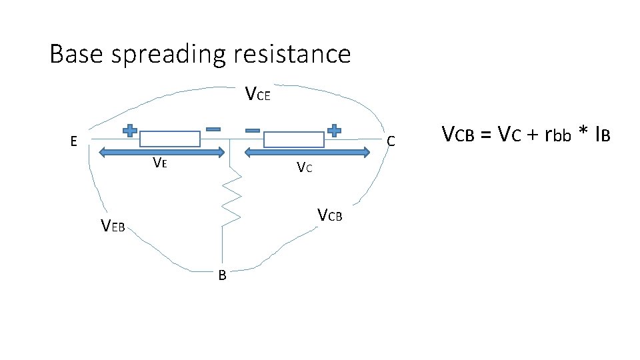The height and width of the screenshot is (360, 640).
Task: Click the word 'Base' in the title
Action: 77,53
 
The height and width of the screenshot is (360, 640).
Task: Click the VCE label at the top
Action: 257,95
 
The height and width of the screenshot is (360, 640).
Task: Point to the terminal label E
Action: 75,141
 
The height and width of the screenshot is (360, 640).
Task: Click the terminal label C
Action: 391,141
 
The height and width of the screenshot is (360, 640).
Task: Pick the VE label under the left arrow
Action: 159,162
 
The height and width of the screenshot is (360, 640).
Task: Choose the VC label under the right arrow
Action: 303,167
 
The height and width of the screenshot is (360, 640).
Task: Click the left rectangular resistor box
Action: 169,139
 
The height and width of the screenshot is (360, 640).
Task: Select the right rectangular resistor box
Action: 294,139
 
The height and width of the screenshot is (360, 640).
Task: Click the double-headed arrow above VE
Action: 163,153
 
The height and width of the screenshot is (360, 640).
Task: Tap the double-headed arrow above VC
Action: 307,153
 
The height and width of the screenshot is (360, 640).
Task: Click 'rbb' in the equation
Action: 561,135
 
